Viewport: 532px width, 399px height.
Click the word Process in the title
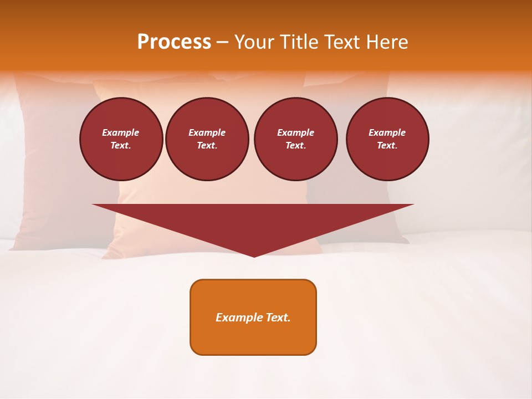click(x=174, y=42)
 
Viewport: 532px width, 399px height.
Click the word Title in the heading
click(x=298, y=42)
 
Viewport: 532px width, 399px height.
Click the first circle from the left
click(x=121, y=139)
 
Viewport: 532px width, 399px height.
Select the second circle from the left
click(x=207, y=139)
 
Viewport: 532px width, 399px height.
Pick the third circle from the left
click(x=296, y=139)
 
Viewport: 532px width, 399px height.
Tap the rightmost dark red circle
click(x=387, y=139)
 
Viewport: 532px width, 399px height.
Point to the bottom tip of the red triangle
click(x=254, y=256)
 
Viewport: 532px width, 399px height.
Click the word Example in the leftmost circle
click(x=121, y=132)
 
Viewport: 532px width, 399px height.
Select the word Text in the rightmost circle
click(x=387, y=146)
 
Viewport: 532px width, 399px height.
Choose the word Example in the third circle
click(x=296, y=132)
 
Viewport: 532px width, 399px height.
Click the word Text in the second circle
click(x=207, y=146)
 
